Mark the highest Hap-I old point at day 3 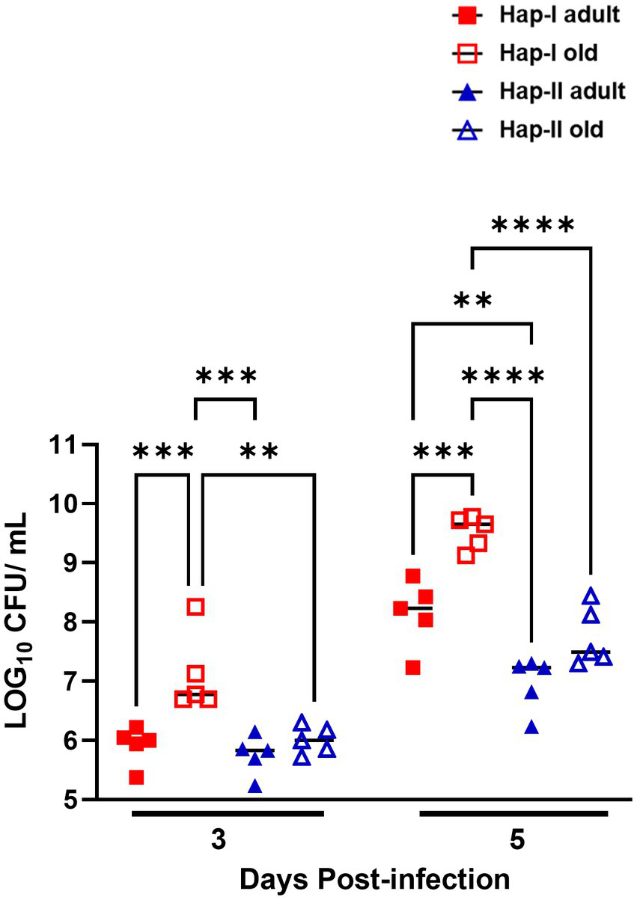[x=195, y=606]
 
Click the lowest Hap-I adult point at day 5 [x=413, y=667]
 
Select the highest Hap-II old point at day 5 [x=591, y=596]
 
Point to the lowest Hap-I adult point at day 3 [x=135, y=777]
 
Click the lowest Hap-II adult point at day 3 [x=255, y=786]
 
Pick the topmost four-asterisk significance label [x=533, y=224]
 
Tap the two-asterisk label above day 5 [x=473, y=301]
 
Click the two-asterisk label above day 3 [x=259, y=451]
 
